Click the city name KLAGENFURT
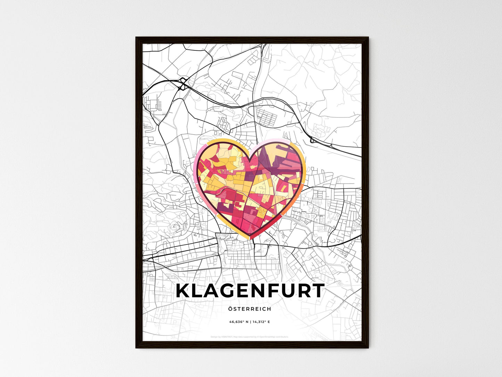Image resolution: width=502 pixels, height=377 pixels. tap(250, 291)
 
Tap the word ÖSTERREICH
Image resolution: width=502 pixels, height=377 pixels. tap(250, 309)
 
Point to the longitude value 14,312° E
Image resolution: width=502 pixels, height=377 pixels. tap(263, 322)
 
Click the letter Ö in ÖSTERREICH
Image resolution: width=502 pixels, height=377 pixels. tap(231, 308)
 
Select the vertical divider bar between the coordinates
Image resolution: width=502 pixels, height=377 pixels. tap(250, 322)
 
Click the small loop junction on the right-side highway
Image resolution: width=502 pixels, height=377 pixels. tap(312, 140)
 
